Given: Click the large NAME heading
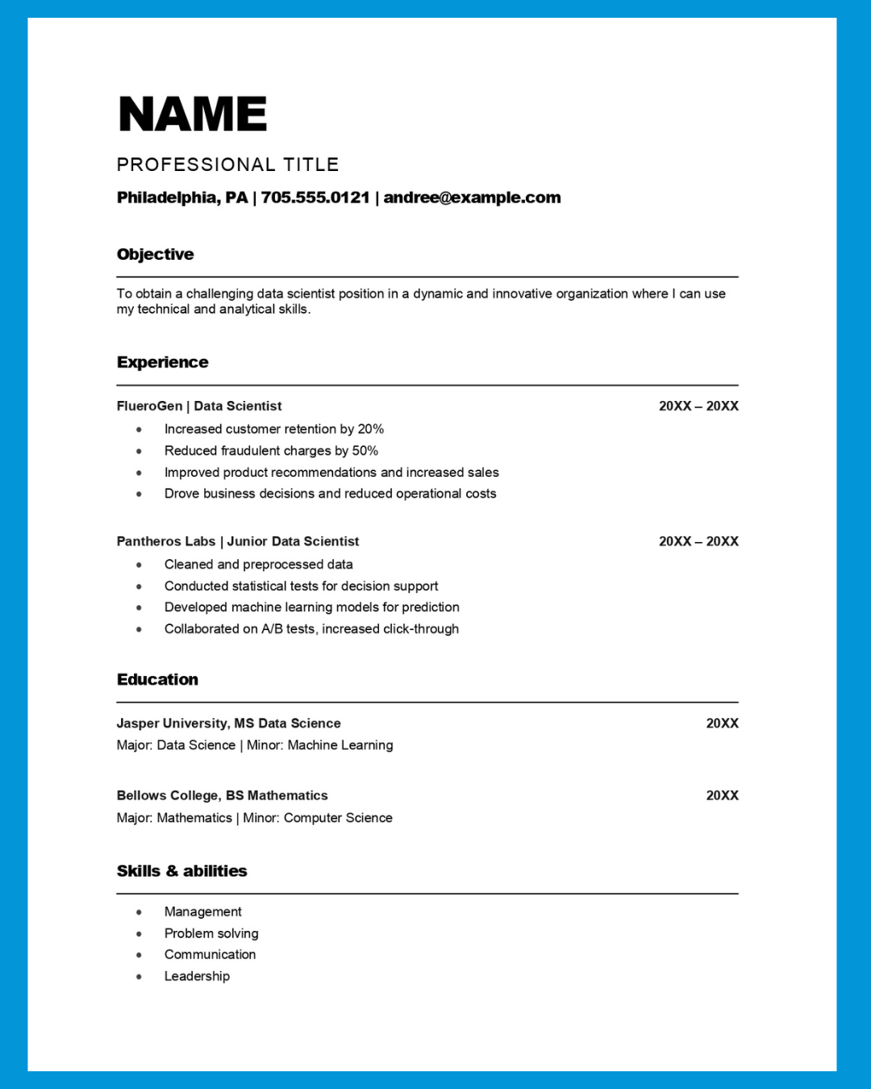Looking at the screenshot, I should (192, 114).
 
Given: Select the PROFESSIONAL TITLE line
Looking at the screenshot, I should (227, 165).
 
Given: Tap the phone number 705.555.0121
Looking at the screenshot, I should (315, 198).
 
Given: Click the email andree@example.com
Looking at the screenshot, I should (472, 198).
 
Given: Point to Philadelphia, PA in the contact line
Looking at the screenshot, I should (182, 198).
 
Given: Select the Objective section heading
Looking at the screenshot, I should (155, 254).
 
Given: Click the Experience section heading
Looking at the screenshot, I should (162, 362).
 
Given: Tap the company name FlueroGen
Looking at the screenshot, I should (149, 406).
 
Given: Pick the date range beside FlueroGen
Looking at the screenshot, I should (698, 406).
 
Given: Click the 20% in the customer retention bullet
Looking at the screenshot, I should (371, 429).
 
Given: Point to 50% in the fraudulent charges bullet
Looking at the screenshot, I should (365, 451).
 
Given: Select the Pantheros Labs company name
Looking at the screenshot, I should (165, 541).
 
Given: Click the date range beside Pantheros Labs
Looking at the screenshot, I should (698, 541).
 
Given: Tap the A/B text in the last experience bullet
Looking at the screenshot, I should (272, 629).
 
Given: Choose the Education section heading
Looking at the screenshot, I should (157, 679).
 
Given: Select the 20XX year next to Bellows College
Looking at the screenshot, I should (722, 795).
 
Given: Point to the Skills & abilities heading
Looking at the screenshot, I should (181, 871).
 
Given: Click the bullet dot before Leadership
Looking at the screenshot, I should (139, 977).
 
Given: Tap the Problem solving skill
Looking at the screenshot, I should (211, 933).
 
